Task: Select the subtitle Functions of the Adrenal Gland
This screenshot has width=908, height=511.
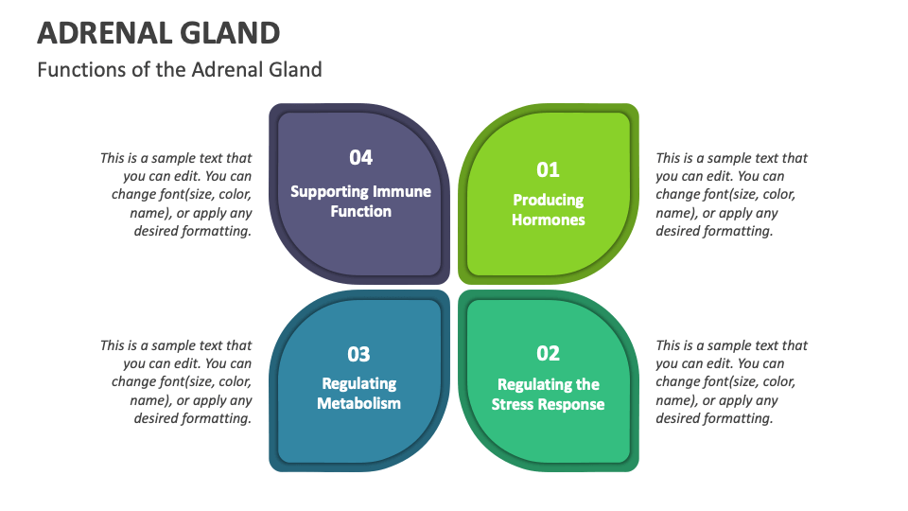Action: click(x=180, y=69)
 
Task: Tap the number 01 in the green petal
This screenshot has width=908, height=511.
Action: click(x=549, y=169)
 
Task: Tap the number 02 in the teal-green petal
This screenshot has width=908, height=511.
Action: click(x=549, y=353)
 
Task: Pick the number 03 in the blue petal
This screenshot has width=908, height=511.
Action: click(x=358, y=354)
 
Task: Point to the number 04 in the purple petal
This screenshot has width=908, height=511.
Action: click(x=360, y=157)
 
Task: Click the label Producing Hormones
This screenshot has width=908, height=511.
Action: click(x=549, y=210)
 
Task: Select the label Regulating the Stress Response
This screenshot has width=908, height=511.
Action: click(x=549, y=395)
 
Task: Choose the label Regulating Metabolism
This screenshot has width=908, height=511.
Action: click(x=358, y=394)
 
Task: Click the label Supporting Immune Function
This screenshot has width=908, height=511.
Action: click(x=360, y=202)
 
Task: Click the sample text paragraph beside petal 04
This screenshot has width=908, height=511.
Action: click(x=178, y=194)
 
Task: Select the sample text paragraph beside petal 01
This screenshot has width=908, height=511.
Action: click(x=730, y=194)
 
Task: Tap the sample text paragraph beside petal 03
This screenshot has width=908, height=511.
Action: click(x=178, y=381)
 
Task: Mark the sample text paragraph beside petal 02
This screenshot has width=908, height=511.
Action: click(x=730, y=381)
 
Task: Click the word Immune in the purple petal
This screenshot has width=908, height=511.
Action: click(x=400, y=191)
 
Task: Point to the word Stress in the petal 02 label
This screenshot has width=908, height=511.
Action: click(x=516, y=405)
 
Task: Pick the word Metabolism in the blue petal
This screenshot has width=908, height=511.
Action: click(x=358, y=404)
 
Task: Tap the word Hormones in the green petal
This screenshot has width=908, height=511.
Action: click(x=549, y=220)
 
